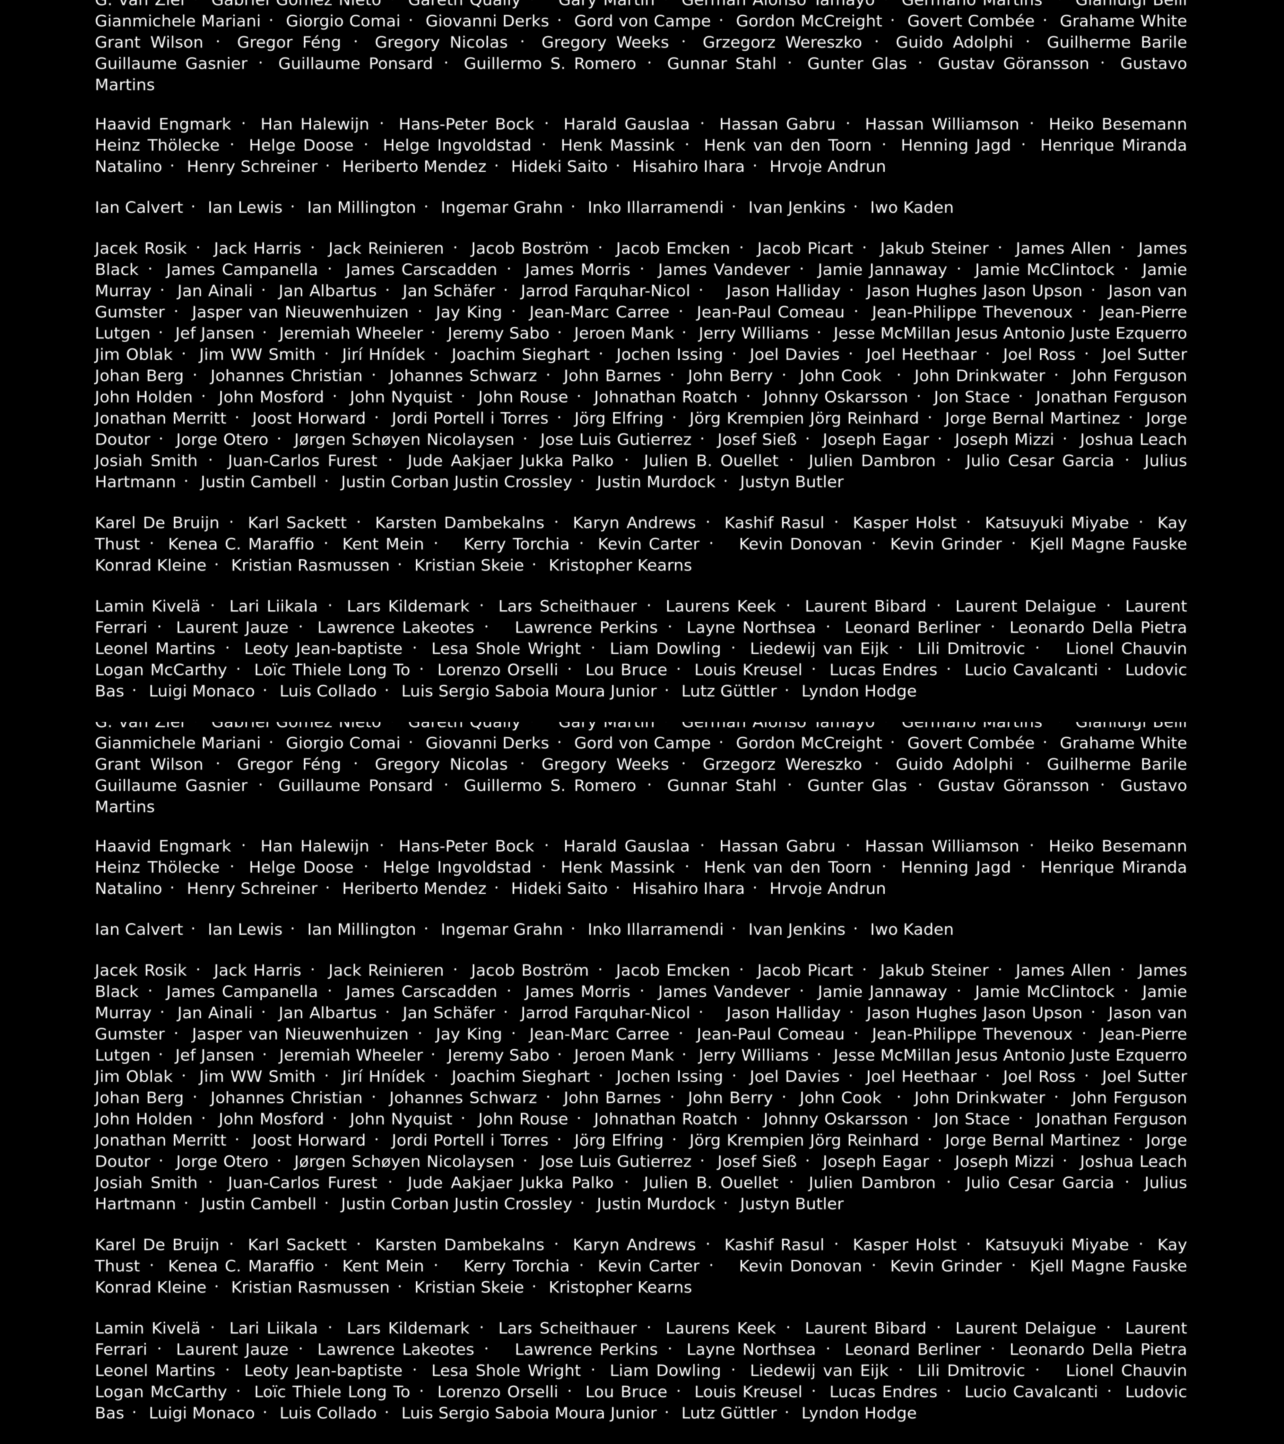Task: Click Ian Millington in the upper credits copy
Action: coord(361,208)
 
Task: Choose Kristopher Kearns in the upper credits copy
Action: coord(620,565)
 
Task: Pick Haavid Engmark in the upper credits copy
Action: coord(162,124)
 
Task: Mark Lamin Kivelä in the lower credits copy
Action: coord(147,1328)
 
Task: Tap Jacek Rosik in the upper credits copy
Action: coord(141,249)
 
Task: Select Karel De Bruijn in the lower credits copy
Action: coord(157,1245)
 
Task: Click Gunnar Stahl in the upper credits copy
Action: coord(722,64)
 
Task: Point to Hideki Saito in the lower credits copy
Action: coord(559,889)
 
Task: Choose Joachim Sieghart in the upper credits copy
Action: coord(520,355)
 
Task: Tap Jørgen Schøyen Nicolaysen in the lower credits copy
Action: coord(404,1161)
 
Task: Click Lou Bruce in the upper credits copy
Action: coord(626,670)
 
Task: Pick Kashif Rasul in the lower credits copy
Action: coord(774,1245)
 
